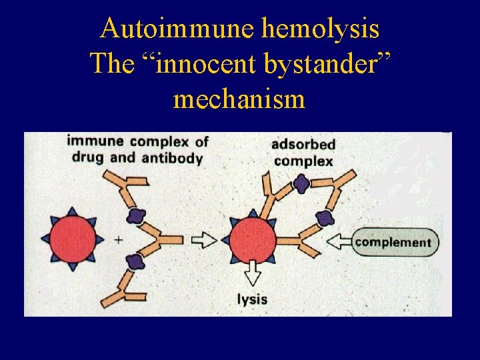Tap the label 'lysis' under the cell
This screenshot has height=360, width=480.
(252, 299)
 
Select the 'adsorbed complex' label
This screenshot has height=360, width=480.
(303, 153)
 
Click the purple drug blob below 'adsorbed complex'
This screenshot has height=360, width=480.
(301, 183)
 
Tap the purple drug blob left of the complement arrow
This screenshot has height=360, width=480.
(324, 217)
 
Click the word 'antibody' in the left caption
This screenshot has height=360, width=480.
(179, 158)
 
